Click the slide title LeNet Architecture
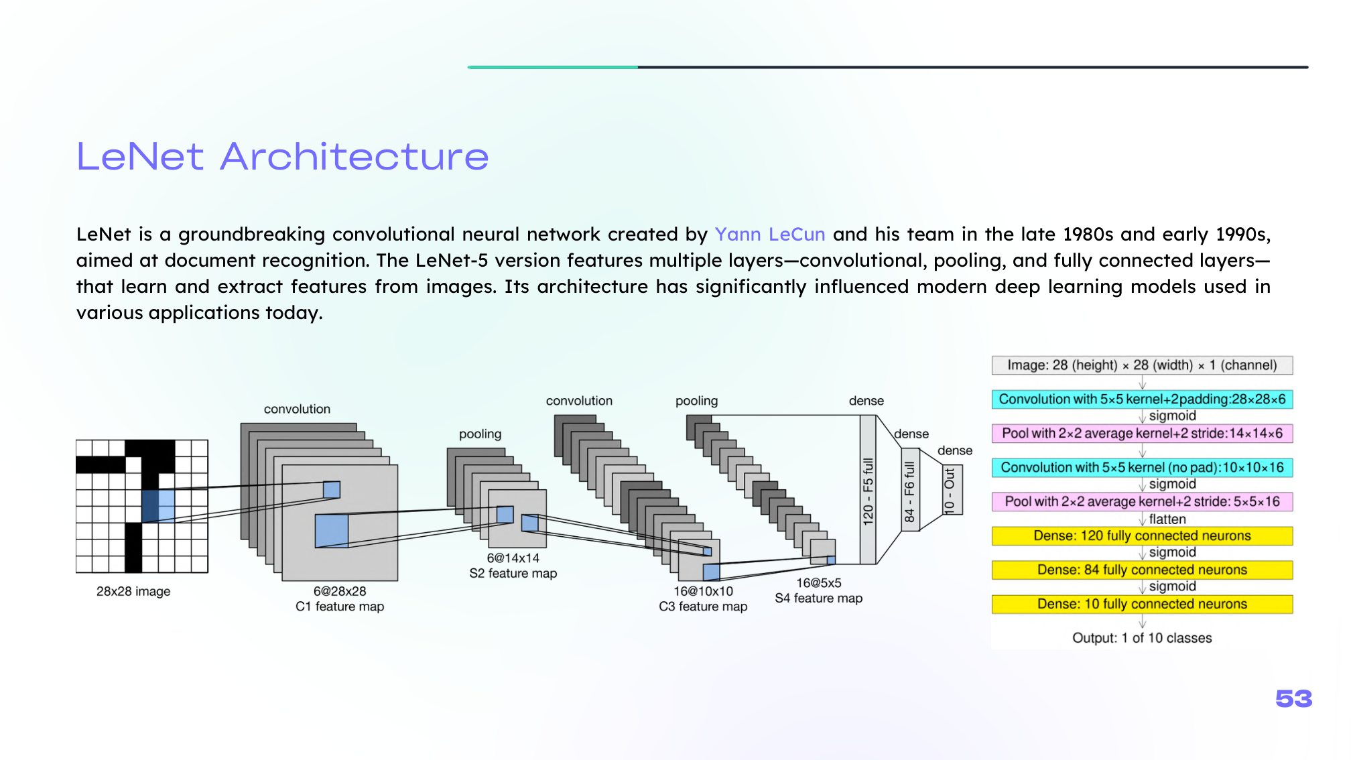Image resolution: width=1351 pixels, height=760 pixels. pos(282,157)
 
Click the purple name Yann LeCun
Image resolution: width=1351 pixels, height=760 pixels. pos(769,235)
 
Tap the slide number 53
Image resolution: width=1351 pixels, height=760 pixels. pos(1293,699)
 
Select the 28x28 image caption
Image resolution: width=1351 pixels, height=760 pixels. pos(133,591)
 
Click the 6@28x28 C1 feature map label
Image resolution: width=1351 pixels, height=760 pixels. pos(340,598)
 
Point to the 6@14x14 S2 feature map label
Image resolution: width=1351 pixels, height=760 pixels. pos(513,566)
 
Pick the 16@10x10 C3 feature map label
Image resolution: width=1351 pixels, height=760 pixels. pos(703,598)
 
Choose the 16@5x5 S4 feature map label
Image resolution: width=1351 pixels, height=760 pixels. pos(818,590)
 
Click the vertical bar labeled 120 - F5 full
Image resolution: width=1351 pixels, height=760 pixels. pos(868,490)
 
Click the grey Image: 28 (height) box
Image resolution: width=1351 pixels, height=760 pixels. pos(1142,365)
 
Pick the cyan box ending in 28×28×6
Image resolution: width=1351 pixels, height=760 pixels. pos(1142,399)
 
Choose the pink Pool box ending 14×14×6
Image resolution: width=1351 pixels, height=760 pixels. pos(1142,434)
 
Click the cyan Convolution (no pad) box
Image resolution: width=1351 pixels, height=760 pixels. pos(1142,468)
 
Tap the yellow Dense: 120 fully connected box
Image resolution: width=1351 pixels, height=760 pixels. pos(1142,536)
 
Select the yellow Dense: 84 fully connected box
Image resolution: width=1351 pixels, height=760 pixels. pos(1142,570)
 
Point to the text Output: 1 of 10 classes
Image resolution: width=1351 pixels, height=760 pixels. pos(1142,638)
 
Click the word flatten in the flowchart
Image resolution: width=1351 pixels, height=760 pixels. pos(1167,519)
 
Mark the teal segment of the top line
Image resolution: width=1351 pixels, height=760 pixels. pos(553,67)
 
